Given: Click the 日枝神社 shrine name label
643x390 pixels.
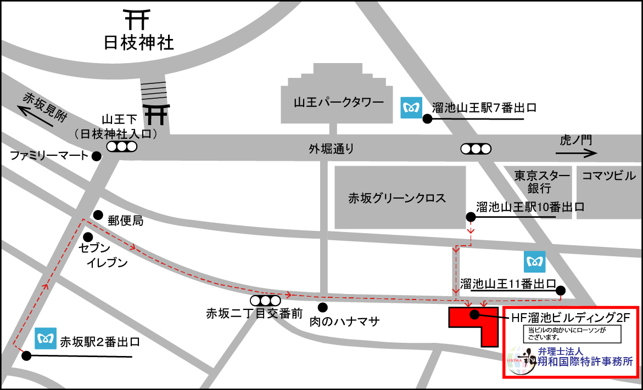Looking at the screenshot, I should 139,43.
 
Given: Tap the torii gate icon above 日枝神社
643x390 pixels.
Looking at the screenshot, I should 137,19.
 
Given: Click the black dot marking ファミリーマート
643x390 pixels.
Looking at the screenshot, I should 97,156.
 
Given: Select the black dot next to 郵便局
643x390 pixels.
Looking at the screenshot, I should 98,214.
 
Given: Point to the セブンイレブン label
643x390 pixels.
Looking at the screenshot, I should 103,255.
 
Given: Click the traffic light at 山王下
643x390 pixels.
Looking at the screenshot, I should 121,146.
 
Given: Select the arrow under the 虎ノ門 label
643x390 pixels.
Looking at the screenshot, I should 577,154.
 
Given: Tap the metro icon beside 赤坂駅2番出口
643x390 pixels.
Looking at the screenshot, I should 46,338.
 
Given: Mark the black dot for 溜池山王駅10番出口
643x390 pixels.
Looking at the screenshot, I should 471,217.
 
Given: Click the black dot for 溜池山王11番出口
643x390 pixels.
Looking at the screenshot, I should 560,290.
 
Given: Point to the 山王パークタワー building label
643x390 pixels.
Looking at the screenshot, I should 338,102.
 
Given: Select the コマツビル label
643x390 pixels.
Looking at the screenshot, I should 608,176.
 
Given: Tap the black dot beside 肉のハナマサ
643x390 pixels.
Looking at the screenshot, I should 322,307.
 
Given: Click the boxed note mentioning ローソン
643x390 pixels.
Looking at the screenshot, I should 572,334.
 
